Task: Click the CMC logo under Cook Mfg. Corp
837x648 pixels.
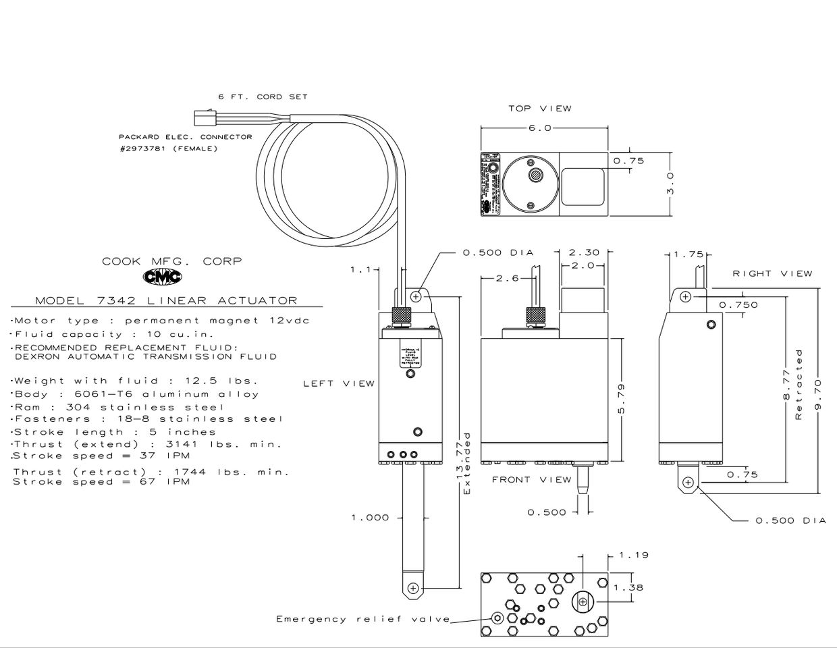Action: click(x=162, y=277)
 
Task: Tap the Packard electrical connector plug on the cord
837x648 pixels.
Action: click(x=201, y=119)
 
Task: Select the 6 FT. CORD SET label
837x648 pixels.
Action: click(x=263, y=97)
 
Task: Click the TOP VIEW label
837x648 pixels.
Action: click(x=539, y=108)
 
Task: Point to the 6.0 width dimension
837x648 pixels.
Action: click(x=539, y=128)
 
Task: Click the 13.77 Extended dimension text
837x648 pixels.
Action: click(x=464, y=464)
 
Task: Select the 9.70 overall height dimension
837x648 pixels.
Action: click(x=817, y=395)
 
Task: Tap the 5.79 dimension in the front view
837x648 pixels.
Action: click(x=621, y=398)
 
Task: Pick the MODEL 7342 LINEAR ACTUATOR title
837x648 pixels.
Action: click(x=166, y=300)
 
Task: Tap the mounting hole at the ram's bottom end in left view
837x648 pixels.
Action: click(x=414, y=589)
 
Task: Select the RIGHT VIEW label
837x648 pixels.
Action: click(x=772, y=273)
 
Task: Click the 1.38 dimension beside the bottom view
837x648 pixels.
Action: click(x=628, y=587)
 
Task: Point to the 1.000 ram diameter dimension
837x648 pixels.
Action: click(x=370, y=518)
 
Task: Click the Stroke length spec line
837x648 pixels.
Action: click(x=115, y=432)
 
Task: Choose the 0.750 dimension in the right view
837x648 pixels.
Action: click(x=738, y=305)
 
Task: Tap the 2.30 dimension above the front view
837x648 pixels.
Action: click(x=584, y=252)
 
